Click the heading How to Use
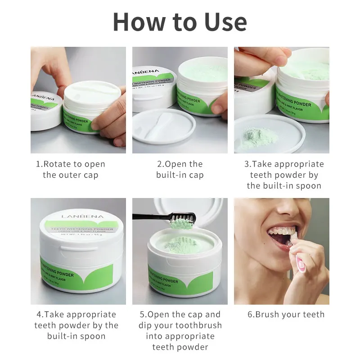click(180, 22)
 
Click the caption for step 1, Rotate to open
click(70, 170)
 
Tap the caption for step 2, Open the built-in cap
click(180, 170)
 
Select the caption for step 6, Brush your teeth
click(286, 315)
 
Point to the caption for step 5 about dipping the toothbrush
click(180, 331)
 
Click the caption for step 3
click(283, 175)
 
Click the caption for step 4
click(76, 325)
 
